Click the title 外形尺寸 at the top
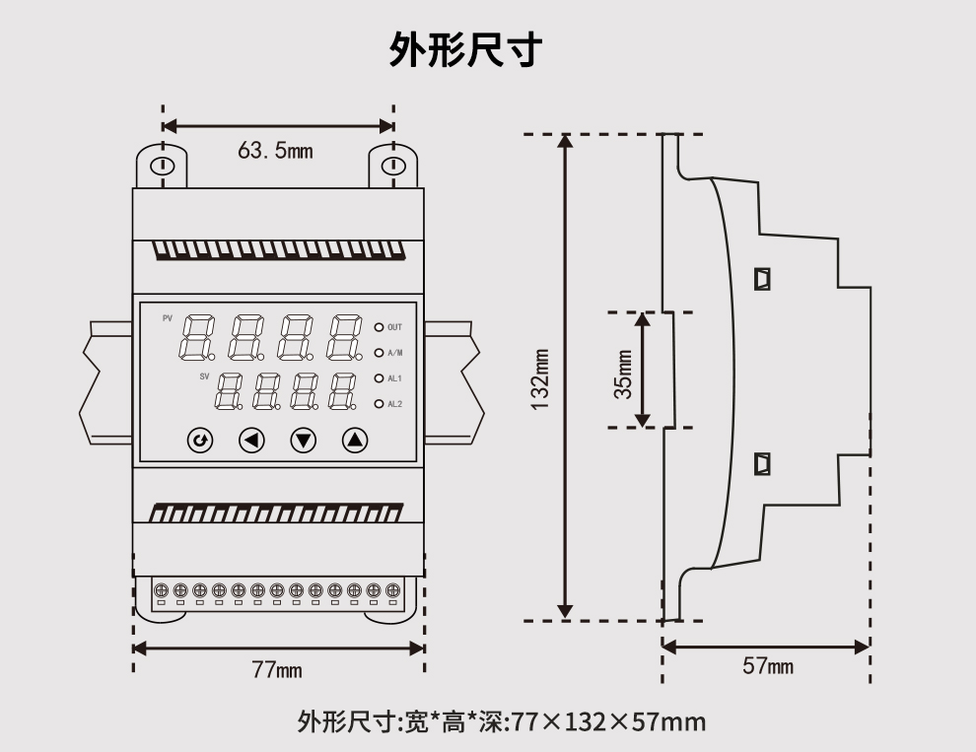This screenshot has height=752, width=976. coord(465,48)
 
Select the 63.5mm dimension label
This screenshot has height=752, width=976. coord(275,151)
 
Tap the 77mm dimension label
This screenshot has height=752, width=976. coord(277,671)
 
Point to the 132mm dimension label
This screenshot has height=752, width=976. coord(540,377)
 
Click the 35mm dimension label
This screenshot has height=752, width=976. coord(623,374)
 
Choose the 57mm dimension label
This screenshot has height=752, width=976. coord(767,667)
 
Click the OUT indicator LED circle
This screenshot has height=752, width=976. coord(379,326)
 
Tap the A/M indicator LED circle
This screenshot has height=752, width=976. coord(379,352)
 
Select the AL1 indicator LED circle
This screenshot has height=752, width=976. coord(379,377)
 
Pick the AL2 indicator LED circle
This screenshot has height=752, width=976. coord(379,403)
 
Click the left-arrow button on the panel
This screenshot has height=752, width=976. coord(252,441)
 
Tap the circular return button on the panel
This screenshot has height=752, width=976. coord(201,441)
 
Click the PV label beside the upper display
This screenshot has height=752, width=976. coord(168,318)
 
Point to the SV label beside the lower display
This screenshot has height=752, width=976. coord(205,376)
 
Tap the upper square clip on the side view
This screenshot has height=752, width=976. coord(761,279)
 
